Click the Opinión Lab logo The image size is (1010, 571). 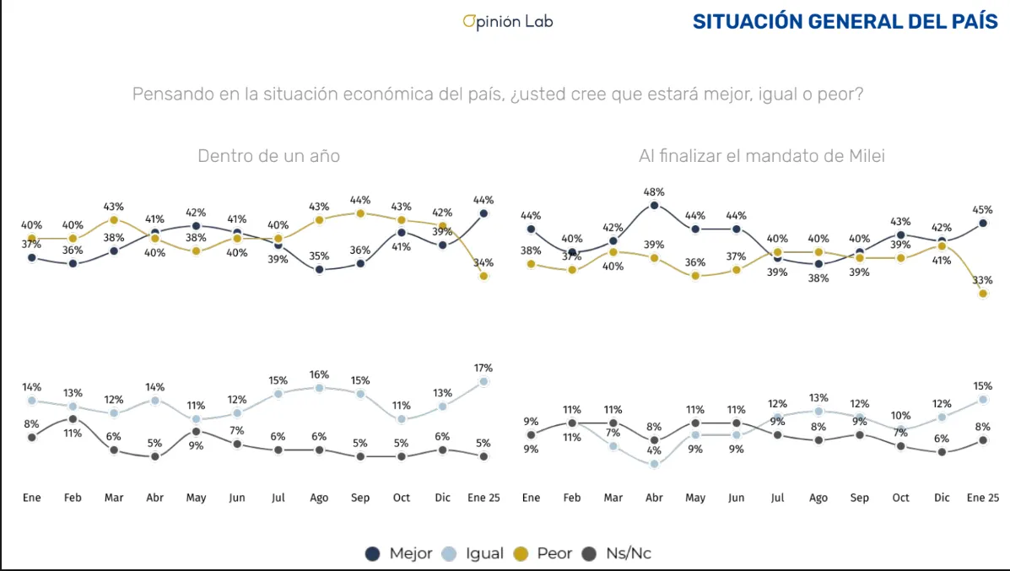[x=508, y=21]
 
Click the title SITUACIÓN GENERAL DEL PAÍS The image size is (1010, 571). [x=845, y=22]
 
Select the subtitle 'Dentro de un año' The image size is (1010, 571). [x=268, y=156]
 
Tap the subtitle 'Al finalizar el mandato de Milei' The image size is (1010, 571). [x=762, y=156]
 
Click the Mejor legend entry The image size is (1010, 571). [x=399, y=554]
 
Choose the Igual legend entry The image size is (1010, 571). [x=474, y=554]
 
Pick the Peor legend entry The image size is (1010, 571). [x=544, y=554]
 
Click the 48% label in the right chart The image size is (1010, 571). [x=654, y=191]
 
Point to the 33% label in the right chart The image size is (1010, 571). [x=982, y=280]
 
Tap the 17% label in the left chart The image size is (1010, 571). [x=483, y=368]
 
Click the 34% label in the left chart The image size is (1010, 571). [x=483, y=262]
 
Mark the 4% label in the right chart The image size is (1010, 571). [x=654, y=450]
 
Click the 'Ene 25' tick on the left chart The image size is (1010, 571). [x=483, y=498]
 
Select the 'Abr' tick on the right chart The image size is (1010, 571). [x=654, y=498]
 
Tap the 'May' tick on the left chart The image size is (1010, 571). [x=196, y=498]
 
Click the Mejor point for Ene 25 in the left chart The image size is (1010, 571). [x=483, y=213]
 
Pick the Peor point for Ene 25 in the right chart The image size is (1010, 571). [x=983, y=294]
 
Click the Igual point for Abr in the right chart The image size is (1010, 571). [x=654, y=464]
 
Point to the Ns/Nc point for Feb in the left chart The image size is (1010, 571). [x=73, y=418]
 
